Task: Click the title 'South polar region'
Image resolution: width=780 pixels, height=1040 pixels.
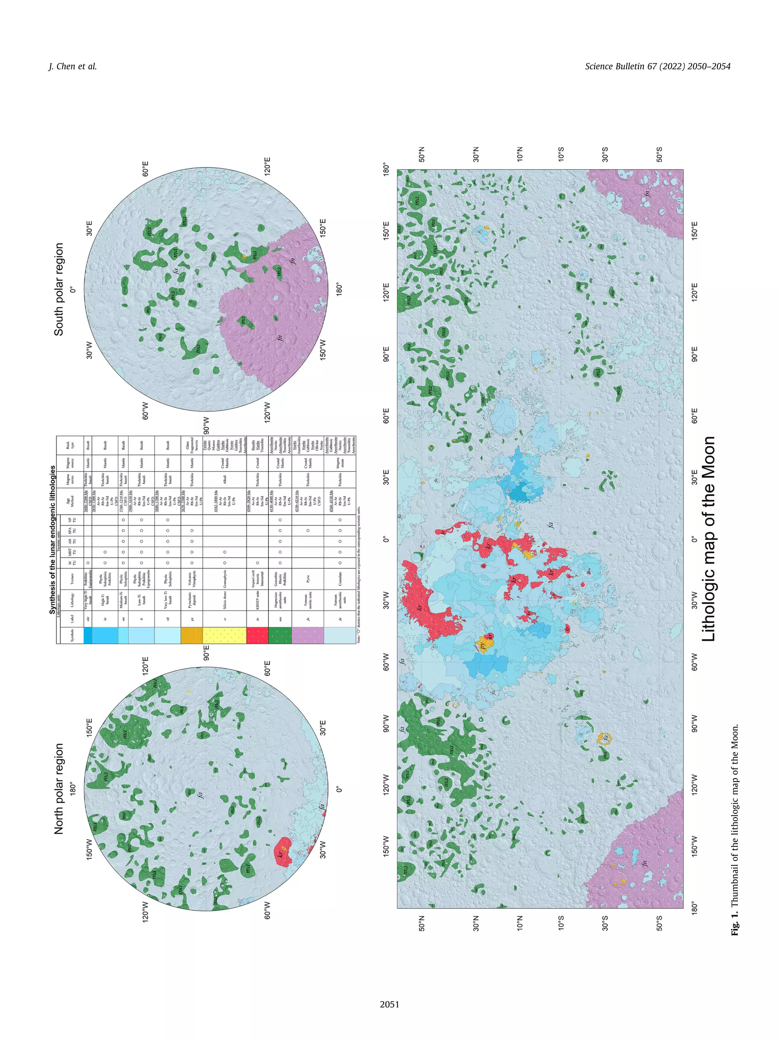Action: (x=59, y=289)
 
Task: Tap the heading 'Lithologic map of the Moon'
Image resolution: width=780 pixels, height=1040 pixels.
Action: (x=708, y=539)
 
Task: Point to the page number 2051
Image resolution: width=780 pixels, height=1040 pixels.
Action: (x=389, y=1004)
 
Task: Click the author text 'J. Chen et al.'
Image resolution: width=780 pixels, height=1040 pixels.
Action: (x=73, y=66)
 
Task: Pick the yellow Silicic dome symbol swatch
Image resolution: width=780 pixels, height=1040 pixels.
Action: (x=224, y=635)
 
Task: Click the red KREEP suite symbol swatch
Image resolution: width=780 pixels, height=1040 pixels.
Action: (x=257, y=635)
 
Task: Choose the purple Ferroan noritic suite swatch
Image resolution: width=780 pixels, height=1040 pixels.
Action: (x=308, y=635)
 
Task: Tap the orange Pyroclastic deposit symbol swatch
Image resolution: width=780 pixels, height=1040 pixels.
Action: (x=191, y=635)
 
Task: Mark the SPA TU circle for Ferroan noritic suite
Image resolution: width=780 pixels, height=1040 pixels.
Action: (x=308, y=530)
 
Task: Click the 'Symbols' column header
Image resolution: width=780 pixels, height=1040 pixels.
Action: (x=72, y=635)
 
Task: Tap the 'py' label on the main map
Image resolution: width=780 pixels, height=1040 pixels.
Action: (x=483, y=645)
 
